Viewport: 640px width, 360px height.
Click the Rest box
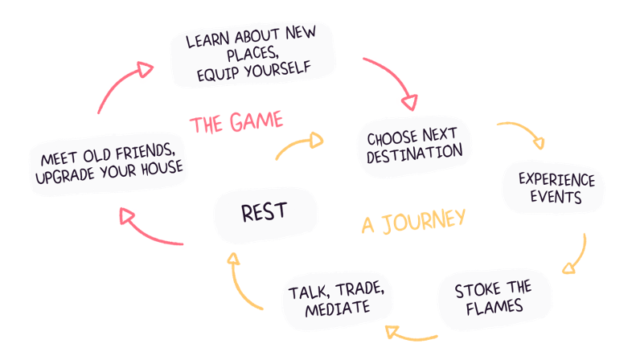coord(265,214)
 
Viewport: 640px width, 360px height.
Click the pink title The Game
coord(236,123)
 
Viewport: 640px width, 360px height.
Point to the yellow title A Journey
coord(413,221)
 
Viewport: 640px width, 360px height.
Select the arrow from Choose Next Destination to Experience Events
coord(523,133)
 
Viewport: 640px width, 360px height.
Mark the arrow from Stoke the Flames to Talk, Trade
coord(410,332)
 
